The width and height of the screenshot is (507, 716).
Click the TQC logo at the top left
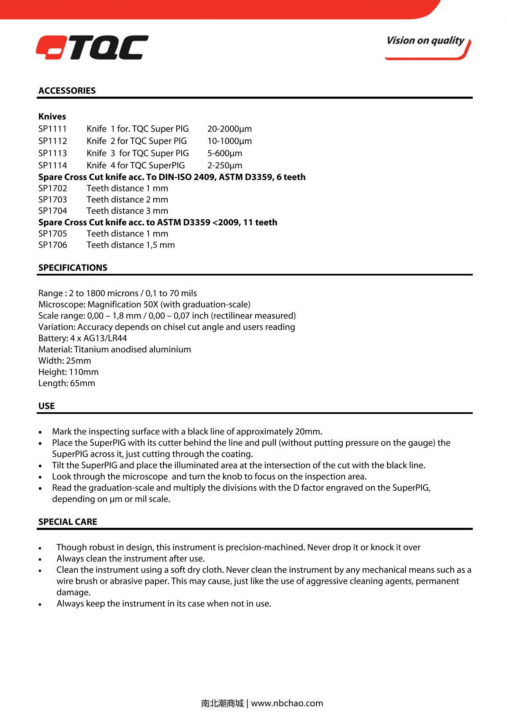tap(92, 47)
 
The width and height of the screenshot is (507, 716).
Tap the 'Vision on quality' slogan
tap(425, 41)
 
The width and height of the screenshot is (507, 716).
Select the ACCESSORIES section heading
tap(67, 91)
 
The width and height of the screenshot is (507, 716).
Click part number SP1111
tap(52, 129)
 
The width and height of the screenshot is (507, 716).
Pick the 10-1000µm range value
tap(229, 141)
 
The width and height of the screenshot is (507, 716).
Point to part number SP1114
tap(52, 165)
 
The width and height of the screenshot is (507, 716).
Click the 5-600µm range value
tap(225, 153)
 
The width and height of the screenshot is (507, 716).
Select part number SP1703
tap(52, 200)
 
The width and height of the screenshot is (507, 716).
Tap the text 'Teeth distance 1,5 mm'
tap(131, 245)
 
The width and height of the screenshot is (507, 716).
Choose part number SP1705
tap(52, 234)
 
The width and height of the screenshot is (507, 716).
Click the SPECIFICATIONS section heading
tap(73, 267)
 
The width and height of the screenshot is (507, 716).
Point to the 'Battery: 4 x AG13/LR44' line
tap(82, 338)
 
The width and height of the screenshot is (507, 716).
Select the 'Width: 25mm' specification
tap(65, 361)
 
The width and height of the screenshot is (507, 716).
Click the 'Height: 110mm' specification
tap(68, 372)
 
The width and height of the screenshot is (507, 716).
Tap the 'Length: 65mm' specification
tap(67, 383)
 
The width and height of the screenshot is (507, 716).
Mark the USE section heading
tap(46, 406)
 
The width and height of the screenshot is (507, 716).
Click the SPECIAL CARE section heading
tap(68, 521)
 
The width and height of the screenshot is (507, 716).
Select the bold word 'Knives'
tap(52, 116)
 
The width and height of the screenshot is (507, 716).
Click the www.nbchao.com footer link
tap(287, 703)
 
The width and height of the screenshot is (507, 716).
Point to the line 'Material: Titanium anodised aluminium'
tap(114, 349)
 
